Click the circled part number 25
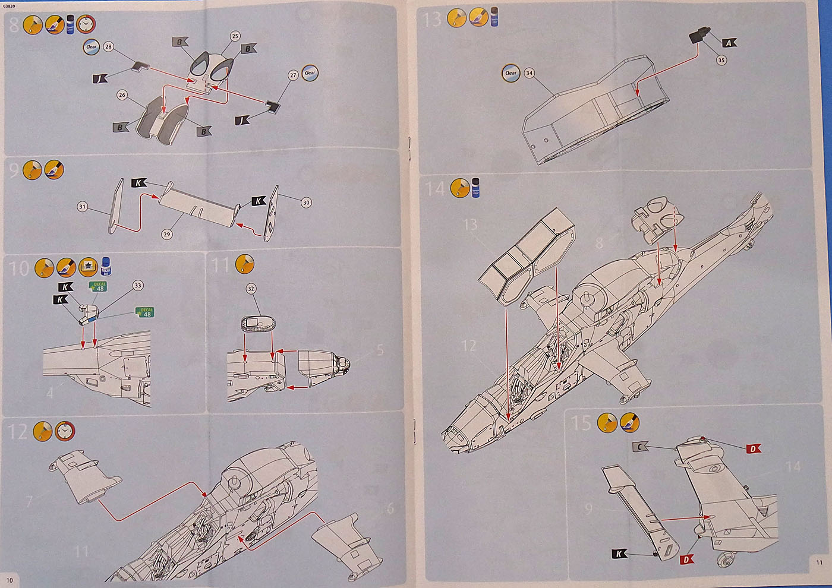pyautogui.click(x=235, y=36)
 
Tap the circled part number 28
pyautogui.click(x=108, y=46)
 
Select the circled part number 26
pyautogui.click(x=122, y=94)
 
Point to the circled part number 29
pyautogui.click(x=167, y=234)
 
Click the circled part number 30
pyautogui.click(x=306, y=203)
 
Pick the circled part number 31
pyautogui.click(x=83, y=207)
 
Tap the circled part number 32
pyautogui.click(x=251, y=289)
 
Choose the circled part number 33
pyautogui.click(x=138, y=286)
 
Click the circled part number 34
pyautogui.click(x=530, y=73)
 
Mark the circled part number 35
pyautogui.click(x=721, y=60)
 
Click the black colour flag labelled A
pyautogui.click(x=730, y=43)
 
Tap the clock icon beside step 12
pyautogui.click(x=65, y=431)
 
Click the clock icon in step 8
pyautogui.click(x=87, y=24)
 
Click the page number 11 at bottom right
pyautogui.click(x=819, y=563)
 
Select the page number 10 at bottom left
pyautogui.click(x=9, y=579)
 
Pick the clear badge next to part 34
pyautogui.click(x=511, y=73)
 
